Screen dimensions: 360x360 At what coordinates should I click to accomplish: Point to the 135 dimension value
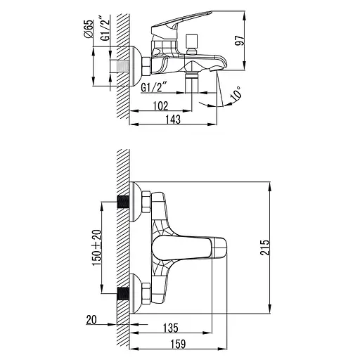pyautogui.click(x=169, y=328)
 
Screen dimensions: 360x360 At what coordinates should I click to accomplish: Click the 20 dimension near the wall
pyautogui.click(x=91, y=321)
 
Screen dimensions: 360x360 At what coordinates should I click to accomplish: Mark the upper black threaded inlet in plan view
pyautogui.click(x=125, y=202)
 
